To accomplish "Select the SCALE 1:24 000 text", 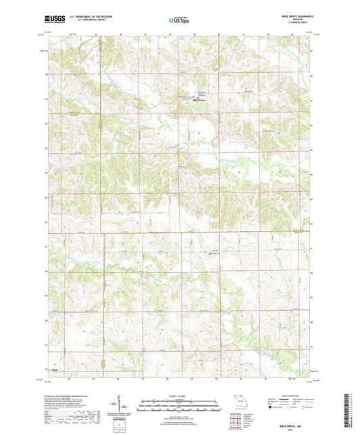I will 179,395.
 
